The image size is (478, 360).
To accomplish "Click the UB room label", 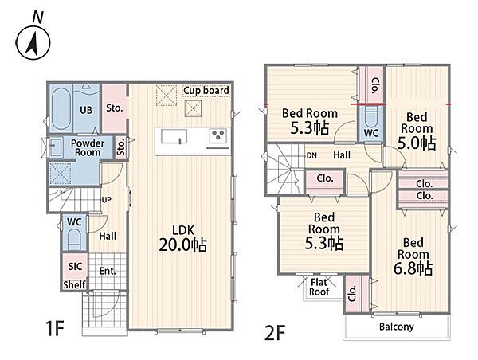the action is [86, 110].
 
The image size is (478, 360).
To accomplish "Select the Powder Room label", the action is [88, 147].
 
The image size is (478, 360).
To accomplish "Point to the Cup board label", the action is [206, 91].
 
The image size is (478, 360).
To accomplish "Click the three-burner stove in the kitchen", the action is [218, 135].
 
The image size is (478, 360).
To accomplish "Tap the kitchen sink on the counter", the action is [174, 136].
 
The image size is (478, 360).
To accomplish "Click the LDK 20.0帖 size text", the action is [183, 245].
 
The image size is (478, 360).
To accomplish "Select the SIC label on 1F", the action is [75, 266].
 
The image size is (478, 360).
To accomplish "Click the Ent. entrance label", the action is [108, 271].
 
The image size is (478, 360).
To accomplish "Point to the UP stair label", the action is [107, 200].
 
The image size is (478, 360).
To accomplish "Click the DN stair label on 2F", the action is [311, 155].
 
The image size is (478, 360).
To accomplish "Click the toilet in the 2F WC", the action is [370, 115].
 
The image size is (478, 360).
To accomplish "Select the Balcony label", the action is [396, 327].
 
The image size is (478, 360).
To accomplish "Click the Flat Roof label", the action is [319, 287].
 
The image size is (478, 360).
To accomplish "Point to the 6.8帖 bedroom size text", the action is [413, 268].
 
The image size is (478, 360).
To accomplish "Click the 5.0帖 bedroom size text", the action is [417, 143].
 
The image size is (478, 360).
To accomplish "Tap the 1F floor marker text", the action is [55, 328].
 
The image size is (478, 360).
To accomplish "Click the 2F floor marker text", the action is [275, 333].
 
